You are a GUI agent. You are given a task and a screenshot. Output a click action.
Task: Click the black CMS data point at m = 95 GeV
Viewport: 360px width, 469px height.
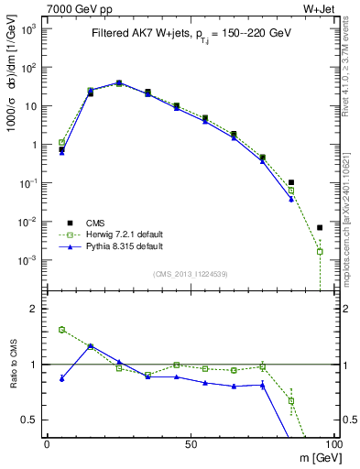coord(320,227)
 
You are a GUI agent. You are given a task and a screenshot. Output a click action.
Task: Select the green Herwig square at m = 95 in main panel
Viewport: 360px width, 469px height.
coord(320,251)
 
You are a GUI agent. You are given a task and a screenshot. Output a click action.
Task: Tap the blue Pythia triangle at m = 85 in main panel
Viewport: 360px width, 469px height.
coord(291,199)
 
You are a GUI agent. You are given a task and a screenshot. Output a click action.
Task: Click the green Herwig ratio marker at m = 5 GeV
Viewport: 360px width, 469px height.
coord(61,330)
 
